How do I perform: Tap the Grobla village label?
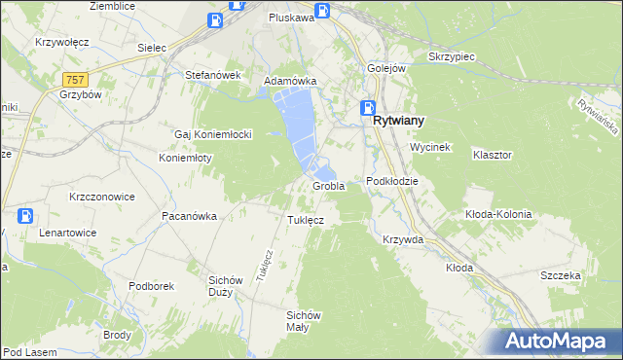tap(329, 186)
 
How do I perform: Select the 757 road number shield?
tap(74, 78)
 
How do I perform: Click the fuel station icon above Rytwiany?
tap(367, 108)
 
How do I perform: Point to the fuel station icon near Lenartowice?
tap(27, 216)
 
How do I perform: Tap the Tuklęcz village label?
tap(305, 220)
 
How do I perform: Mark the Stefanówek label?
tap(212, 74)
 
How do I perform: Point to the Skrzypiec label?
tap(451, 56)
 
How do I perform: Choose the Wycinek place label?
tap(428, 146)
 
